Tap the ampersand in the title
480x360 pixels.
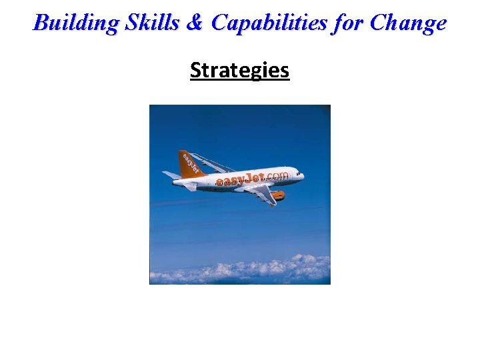pyautogui.click(x=194, y=23)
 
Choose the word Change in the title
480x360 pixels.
pyautogui.click(x=408, y=23)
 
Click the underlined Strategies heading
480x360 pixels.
pyautogui.click(x=239, y=70)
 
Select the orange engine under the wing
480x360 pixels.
pyautogui.click(x=277, y=195)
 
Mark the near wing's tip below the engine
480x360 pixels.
pyautogui.click(x=273, y=203)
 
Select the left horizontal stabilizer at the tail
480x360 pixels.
pyautogui.click(x=171, y=175)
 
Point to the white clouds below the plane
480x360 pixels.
pyautogui.click(x=240, y=270)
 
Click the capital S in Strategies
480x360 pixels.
pyautogui.click(x=195, y=70)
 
